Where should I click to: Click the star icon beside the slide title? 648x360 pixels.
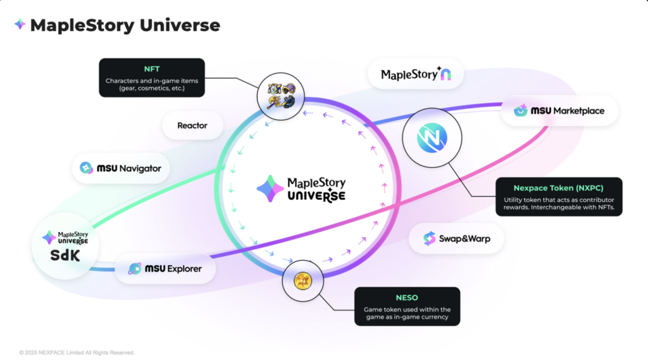tap(20, 25)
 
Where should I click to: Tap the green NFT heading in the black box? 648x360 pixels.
tap(152, 69)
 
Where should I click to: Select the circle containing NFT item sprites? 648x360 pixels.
tap(280, 96)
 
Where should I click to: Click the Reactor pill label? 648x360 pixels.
tap(192, 125)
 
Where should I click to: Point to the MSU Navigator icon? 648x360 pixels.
tap(86, 168)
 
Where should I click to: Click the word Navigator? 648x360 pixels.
tap(140, 168)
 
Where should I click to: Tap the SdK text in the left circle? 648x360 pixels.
tap(65, 256)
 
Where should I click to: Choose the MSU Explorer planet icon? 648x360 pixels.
tap(134, 269)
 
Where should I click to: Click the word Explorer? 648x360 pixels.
tap(184, 269)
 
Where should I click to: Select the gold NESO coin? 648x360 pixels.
tap(302, 281)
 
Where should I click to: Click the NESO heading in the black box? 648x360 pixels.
tap(407, 297)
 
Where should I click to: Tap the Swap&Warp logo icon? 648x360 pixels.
tap(429, 239)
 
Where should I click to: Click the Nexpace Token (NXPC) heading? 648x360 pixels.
tap(558, 188)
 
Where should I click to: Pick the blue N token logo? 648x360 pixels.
tap(432, 138)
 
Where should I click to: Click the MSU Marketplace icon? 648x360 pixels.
tap(520, 110)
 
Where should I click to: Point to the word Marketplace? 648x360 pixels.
tap(578, 111)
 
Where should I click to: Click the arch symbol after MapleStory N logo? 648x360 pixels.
tap(445, 75)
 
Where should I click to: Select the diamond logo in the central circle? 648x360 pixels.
tap(270, 189)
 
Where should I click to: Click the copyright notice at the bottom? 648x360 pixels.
tap(77, 352)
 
